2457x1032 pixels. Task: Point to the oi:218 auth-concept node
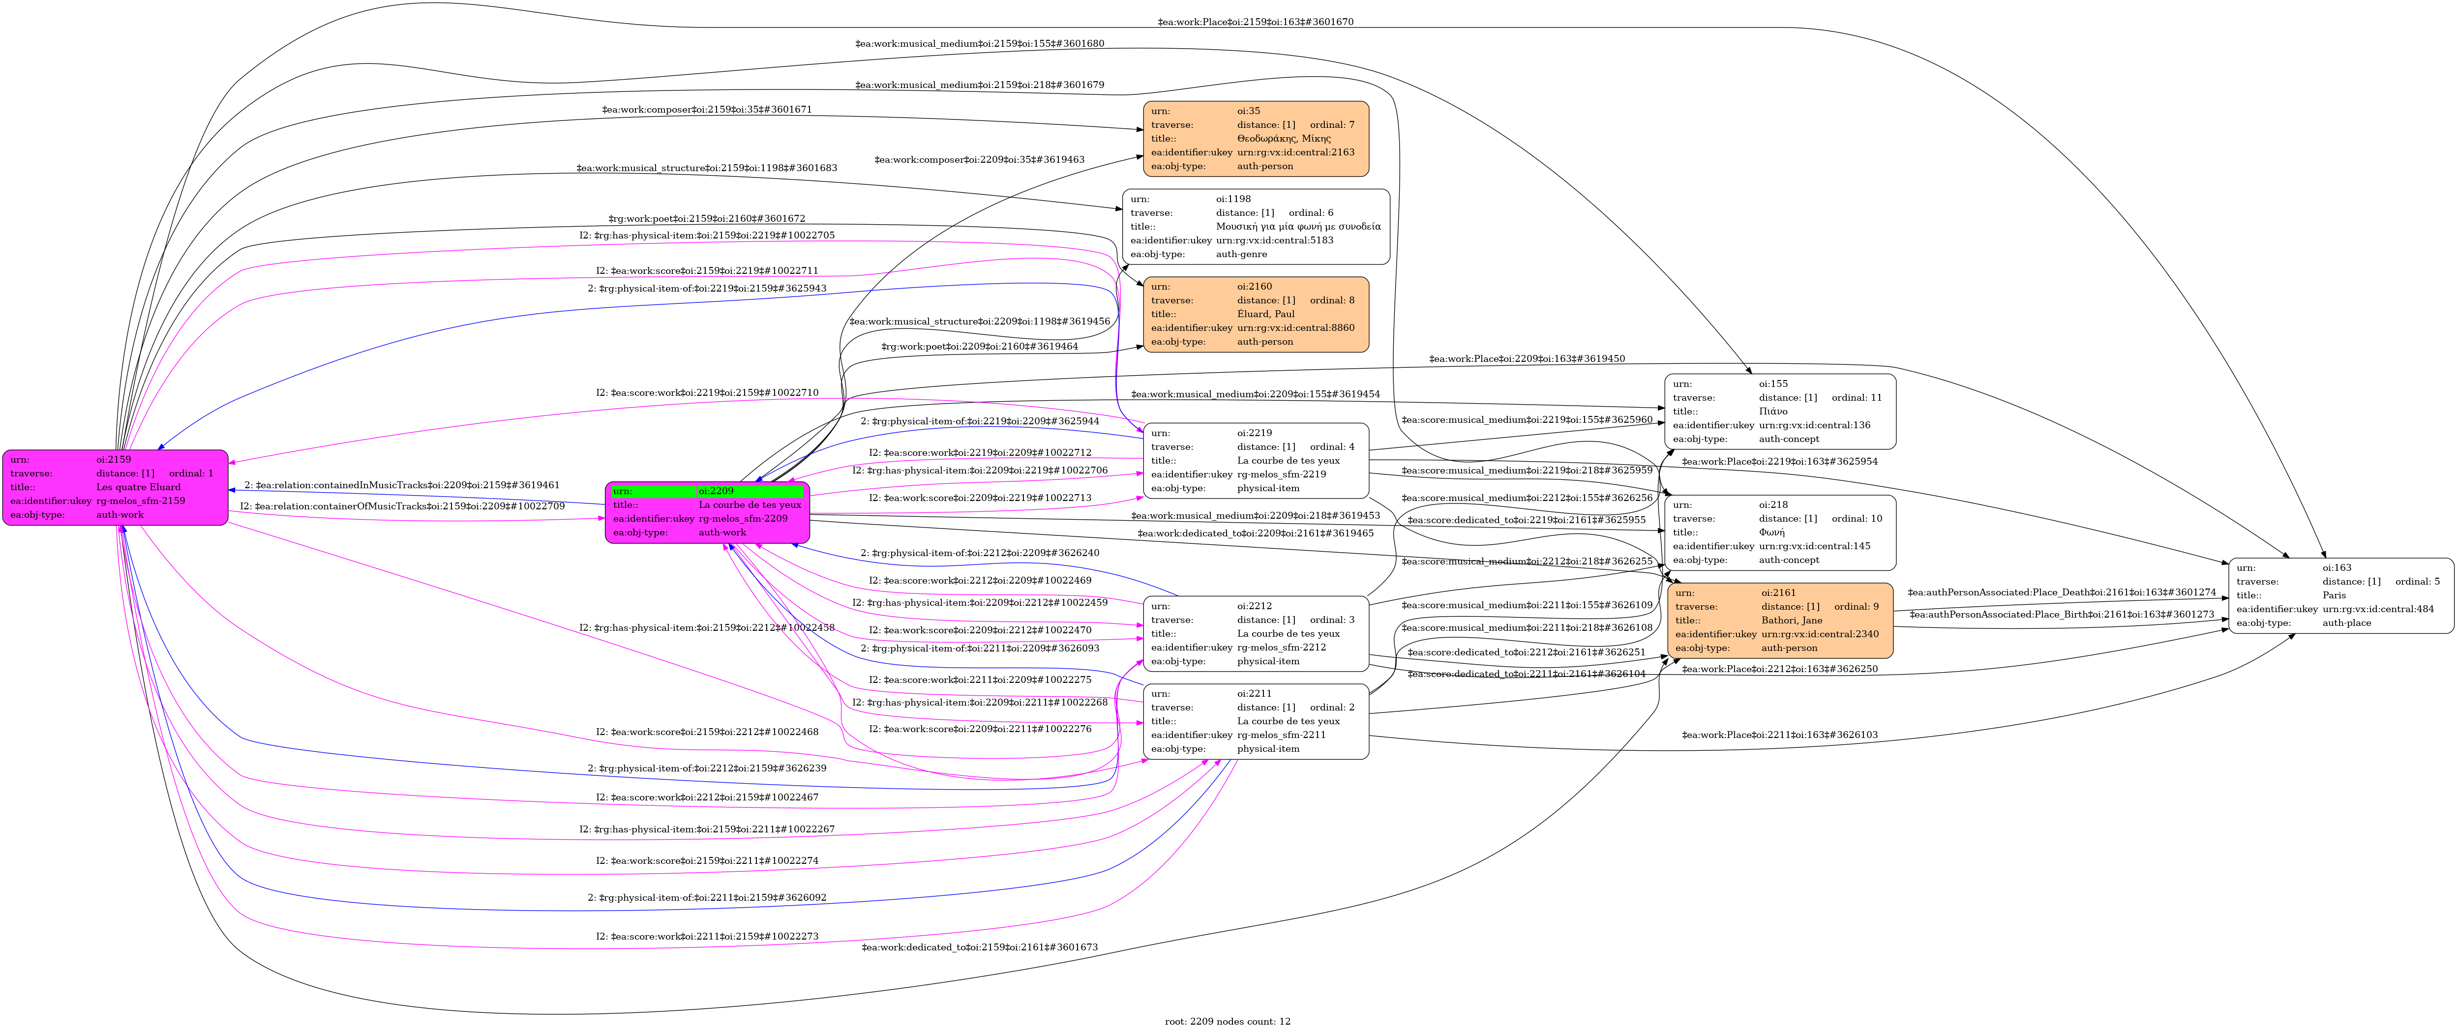[x=1780, y=532]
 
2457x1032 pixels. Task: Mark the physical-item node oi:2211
[x=1255, y=721]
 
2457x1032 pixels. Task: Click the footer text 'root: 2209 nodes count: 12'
[x=1228, y=1022]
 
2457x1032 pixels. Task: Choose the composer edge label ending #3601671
[x=707, y=110]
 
